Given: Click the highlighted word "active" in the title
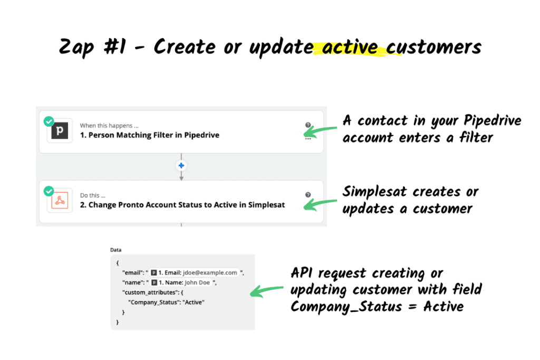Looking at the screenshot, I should point(349,47).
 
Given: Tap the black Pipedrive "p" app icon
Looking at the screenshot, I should point(60,131).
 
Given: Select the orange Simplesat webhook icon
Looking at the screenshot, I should point(60,201).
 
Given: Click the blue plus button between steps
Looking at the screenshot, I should point(181,166).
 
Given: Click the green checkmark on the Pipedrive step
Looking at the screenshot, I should point(49,122).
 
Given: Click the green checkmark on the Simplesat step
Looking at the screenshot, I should point(49,191).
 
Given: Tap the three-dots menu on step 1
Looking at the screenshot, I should point(308,139).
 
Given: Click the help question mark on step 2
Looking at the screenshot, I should point(308,194).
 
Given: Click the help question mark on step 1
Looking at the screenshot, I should point(308,125).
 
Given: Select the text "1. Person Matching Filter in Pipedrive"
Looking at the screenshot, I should point(149,135).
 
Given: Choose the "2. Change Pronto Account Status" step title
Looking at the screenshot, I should point(182,205).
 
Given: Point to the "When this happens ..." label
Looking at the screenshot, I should point(109,125).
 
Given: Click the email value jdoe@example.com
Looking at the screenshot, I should point(209,273).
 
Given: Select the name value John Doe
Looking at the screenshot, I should point(197,283).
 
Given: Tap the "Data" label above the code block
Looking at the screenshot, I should point(116,250).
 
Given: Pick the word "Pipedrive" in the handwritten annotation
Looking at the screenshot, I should point(493,121).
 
